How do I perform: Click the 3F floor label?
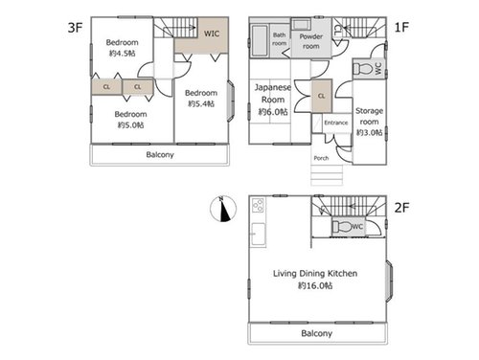[x=76, y=28]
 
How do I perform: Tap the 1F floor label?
[x=401, y=28]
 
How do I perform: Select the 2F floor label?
[x=401, y=208]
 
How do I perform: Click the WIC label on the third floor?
[x=212, y=34]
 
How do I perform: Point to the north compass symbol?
[x=223, y=209]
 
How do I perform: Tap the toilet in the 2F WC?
[x=342, y=227]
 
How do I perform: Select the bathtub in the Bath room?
[x=260, y=41]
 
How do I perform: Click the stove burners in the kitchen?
[x=258, y=205]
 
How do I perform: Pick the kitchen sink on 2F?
[x=258, y=234]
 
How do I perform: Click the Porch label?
[x=321, y=158]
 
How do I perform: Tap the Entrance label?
[x=336, y=123]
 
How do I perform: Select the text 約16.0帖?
[x=315, y=285]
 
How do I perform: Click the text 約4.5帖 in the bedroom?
[x=123, y=54]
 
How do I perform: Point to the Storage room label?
[x=369, y=116]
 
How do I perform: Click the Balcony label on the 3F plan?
[x=160, y=155]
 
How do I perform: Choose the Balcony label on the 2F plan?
[x=317, y=333]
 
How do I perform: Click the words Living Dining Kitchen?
[x=315, y=274]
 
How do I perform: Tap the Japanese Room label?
[x=273, y=93]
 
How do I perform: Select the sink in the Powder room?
[x=301, y=24]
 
